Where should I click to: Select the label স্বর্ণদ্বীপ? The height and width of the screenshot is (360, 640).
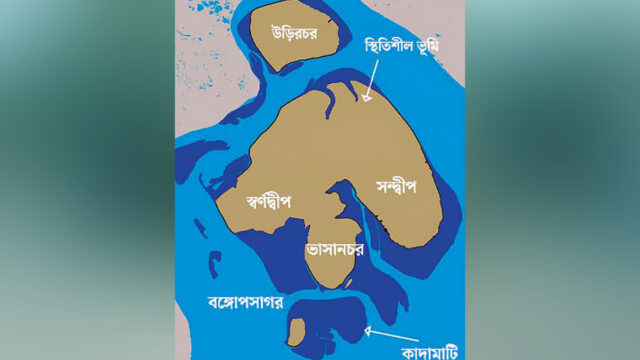268,199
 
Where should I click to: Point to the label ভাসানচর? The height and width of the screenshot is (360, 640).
334,243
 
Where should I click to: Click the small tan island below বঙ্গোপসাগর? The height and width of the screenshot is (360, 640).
297,329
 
